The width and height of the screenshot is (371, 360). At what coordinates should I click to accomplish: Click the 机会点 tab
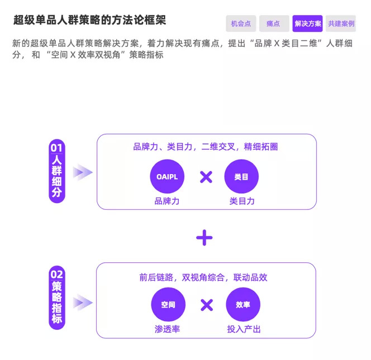pyautogui.click(x=241, y=24)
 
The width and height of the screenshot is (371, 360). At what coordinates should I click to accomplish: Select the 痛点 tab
pyautogui.click(x=274, y=24)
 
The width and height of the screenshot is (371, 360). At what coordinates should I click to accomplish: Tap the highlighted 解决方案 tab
pyautogui.click(x=307, y=24)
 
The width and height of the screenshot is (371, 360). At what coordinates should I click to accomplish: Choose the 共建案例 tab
pyautogui.click(x=341, y=24)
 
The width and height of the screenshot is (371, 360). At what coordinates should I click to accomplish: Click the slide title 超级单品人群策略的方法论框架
pyautogui.click(x=90, y=20)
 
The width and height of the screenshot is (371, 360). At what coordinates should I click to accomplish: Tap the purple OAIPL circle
pyautogui.click(x=167, y=177)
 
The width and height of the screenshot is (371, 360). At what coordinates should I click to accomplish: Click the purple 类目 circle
pyautogui.click(x=241, y=177)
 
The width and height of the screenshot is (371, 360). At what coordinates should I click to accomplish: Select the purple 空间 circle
pyautogui.click(x=168, y=305)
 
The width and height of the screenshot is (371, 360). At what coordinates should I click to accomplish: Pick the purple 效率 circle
pyautogui.click(x=243, y=305)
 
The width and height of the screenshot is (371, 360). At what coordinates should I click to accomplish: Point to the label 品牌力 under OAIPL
pyautogui.click(x=167, y=201)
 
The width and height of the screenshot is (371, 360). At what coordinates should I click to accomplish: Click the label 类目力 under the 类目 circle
pyautogui.click(x=241, y=201)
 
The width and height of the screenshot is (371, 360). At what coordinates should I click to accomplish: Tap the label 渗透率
pyautogui.click(x=168, y=329)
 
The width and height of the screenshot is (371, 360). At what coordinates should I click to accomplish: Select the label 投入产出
pyautogui.click(x=244, y=329)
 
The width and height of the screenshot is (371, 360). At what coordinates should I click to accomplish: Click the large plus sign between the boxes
pyautogui.click(x=204, y=238)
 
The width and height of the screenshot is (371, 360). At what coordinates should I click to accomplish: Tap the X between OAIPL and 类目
pyautogui.click(x=206, y=177)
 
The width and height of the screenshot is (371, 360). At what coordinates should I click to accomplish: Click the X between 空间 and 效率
pyautogui.click(x=207, y=305)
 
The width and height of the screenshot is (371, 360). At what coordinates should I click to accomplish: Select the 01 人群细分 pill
pyautogui.click(x=57, y=171)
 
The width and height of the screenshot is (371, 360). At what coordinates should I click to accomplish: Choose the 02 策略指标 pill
pyautogui.click(x=57, y=297)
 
